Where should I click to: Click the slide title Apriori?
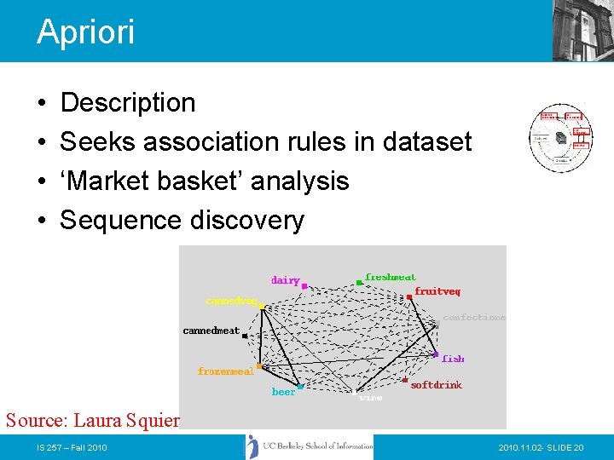pyautogui.click(x=85, y=32)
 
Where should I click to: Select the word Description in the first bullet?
pyautogui.click(x=128, y=103)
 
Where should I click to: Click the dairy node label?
pyautogui.click(x=286, y=280)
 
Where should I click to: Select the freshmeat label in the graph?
pyautogui.click(x=391, y=277)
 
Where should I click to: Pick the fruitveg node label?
pyautogui.click(x=437, y=291)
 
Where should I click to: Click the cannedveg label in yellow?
pyautogui.click(x=231, y=301)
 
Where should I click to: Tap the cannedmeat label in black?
pyautogui.click(x=211, y=331)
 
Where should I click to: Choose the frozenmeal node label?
pyautogui.click(x=225, y=371)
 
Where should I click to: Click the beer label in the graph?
pyautogui.click(x=283, y=392)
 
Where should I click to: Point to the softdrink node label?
pyautogui.click(x=436, y=385)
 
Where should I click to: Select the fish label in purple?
pyautogui.click(x=453, y=359)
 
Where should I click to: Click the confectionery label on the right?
pyautogui.click(x=474, y=317)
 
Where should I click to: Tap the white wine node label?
pyautogui.click(x=370, y=397)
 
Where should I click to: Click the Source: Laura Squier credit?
pyautogui.click(x=92, y=420)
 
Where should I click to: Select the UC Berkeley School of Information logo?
pyautogui.click(x=310, y=446)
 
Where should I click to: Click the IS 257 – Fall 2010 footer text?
pyautogui.click(x=72, y=447)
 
